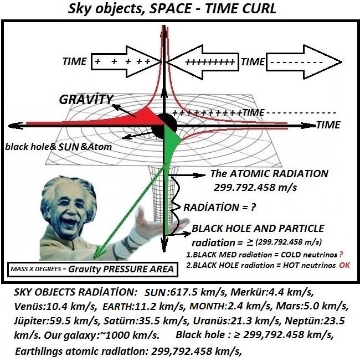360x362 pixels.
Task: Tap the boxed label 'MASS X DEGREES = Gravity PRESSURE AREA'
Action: pos(92,270)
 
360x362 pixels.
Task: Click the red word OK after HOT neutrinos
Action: pos(345,265)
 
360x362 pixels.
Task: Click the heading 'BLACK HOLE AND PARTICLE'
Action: pos(258,229)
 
